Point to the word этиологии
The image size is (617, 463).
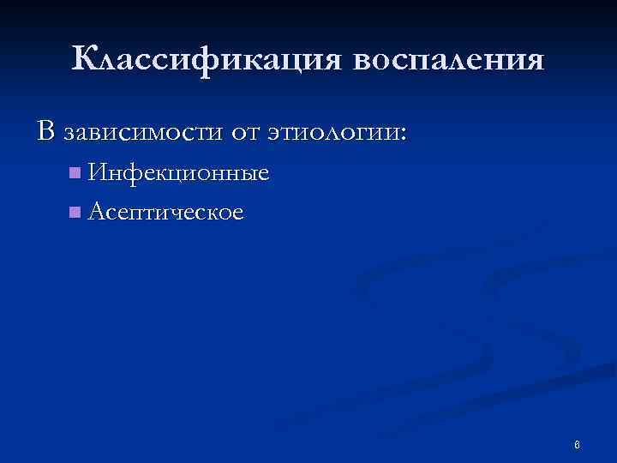pos(338,133)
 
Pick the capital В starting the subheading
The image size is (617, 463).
pos(45,131)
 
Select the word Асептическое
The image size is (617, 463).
pos(165,211)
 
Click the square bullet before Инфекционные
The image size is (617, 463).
pos(76,174)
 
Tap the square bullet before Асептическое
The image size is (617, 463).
pos(76,211)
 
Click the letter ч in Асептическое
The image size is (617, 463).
pos(185,212)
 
